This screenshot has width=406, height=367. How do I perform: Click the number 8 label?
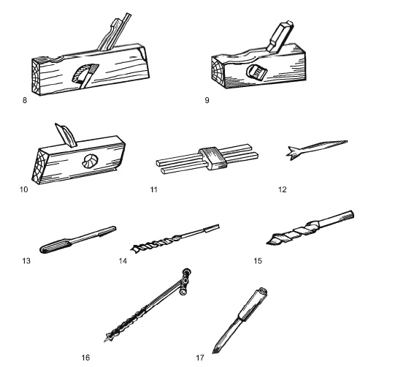(x=25, y=100)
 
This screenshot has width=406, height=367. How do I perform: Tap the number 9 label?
(x=207, y=100)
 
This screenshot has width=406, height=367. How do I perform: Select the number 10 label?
(x=23, y=189)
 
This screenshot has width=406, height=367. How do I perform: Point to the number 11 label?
(x=154, y=189)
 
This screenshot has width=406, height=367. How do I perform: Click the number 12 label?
(x=283, y=189)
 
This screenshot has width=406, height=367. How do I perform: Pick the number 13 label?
(x=26, y=261)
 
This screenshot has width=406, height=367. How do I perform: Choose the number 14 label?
(x=123, y=261)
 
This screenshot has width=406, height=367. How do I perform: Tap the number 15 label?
(x=258, y=261)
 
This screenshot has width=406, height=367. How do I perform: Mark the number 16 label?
(x=85, y=357)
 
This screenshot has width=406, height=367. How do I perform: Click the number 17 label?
(x=200, y=357)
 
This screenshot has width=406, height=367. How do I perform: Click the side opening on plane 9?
(x=256, y=71)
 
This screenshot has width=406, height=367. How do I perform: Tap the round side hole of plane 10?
(x=90, y=161)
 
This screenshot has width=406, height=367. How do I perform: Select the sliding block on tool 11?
(x=213, y=158)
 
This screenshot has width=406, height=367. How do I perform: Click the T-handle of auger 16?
(x=186, y=281)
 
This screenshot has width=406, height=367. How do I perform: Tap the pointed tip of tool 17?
(x=213, y=352)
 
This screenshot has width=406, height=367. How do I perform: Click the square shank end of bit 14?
(x=212, y=228)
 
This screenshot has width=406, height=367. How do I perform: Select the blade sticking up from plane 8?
(x=114, y=31)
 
